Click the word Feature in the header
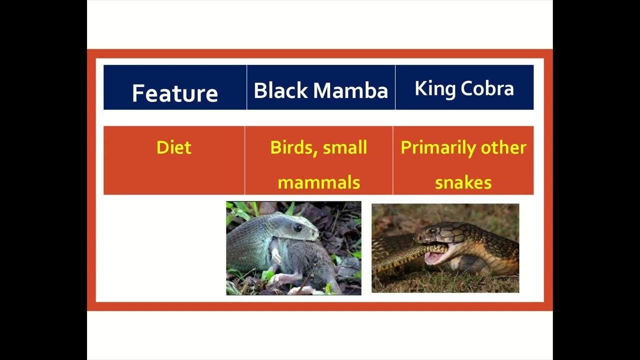coord(174,93)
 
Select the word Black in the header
coord(281,90)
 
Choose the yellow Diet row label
coord(173,147)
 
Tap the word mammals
coord(318,182)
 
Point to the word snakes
coord(463,182)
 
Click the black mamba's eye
coord(297,228)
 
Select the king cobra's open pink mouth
coord(434,256)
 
